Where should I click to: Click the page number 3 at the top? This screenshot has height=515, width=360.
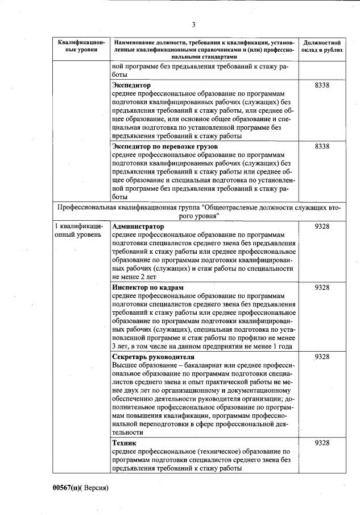(x=193, y=24)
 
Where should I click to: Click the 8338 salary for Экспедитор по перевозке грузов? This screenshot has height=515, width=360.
(x=322, y=147)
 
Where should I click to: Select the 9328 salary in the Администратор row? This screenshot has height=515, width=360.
(x=322, y=226)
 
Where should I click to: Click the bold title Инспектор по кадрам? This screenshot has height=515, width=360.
(x=148, y=287)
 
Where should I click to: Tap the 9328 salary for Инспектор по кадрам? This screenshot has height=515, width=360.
(x=322, y=287)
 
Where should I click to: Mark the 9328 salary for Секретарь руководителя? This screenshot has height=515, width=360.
(x=322, y=357)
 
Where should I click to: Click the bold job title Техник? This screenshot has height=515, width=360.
(x=125, y=443)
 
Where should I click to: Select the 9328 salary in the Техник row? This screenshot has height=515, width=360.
(x=322, y=443)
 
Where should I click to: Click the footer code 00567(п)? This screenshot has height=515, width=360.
(x=67, y=488)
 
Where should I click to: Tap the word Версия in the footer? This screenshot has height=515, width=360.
(x=95, y=488)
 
